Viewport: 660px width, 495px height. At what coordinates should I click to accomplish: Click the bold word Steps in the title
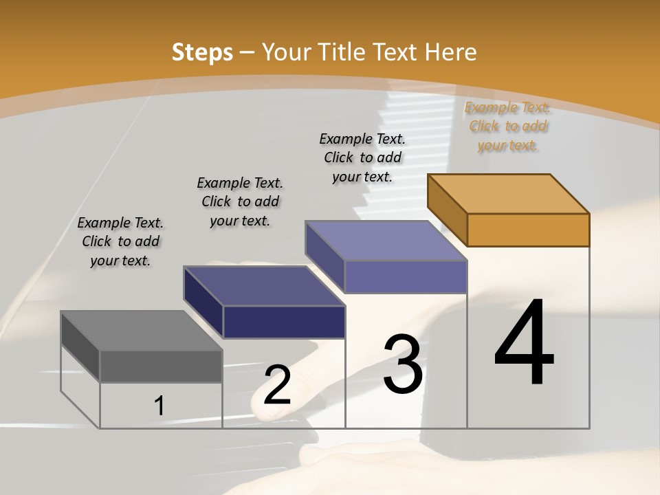click(x=202, y=52)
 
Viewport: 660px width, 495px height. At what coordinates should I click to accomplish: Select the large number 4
click(x=524, y=343)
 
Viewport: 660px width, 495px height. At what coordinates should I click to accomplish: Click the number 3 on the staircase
click(x=403, y=364)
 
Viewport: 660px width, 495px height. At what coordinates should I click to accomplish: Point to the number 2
click(x=277, y=385)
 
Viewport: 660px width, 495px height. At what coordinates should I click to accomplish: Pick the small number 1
click(x=159, y=406)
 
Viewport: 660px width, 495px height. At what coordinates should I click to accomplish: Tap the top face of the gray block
click(x=142, y=331)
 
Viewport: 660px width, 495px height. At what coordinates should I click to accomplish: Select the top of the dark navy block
click(x=265, y=286)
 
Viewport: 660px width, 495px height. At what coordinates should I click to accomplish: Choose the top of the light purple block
click(x=386, y=241)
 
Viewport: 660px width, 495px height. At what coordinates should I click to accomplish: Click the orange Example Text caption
click(x=508, y=126)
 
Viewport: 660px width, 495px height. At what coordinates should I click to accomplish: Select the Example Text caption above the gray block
click(x=120, y=241)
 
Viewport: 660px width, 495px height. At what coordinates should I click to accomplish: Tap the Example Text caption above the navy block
click(x=240, y=201)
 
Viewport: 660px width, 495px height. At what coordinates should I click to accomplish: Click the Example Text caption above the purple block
click(x=362, y=157)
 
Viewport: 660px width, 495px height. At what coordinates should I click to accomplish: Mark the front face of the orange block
click(x=528, y=230)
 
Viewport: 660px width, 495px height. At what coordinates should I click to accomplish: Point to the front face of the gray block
click(x=161, y=366)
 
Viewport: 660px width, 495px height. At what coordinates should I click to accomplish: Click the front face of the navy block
click(x=284, y=322)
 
